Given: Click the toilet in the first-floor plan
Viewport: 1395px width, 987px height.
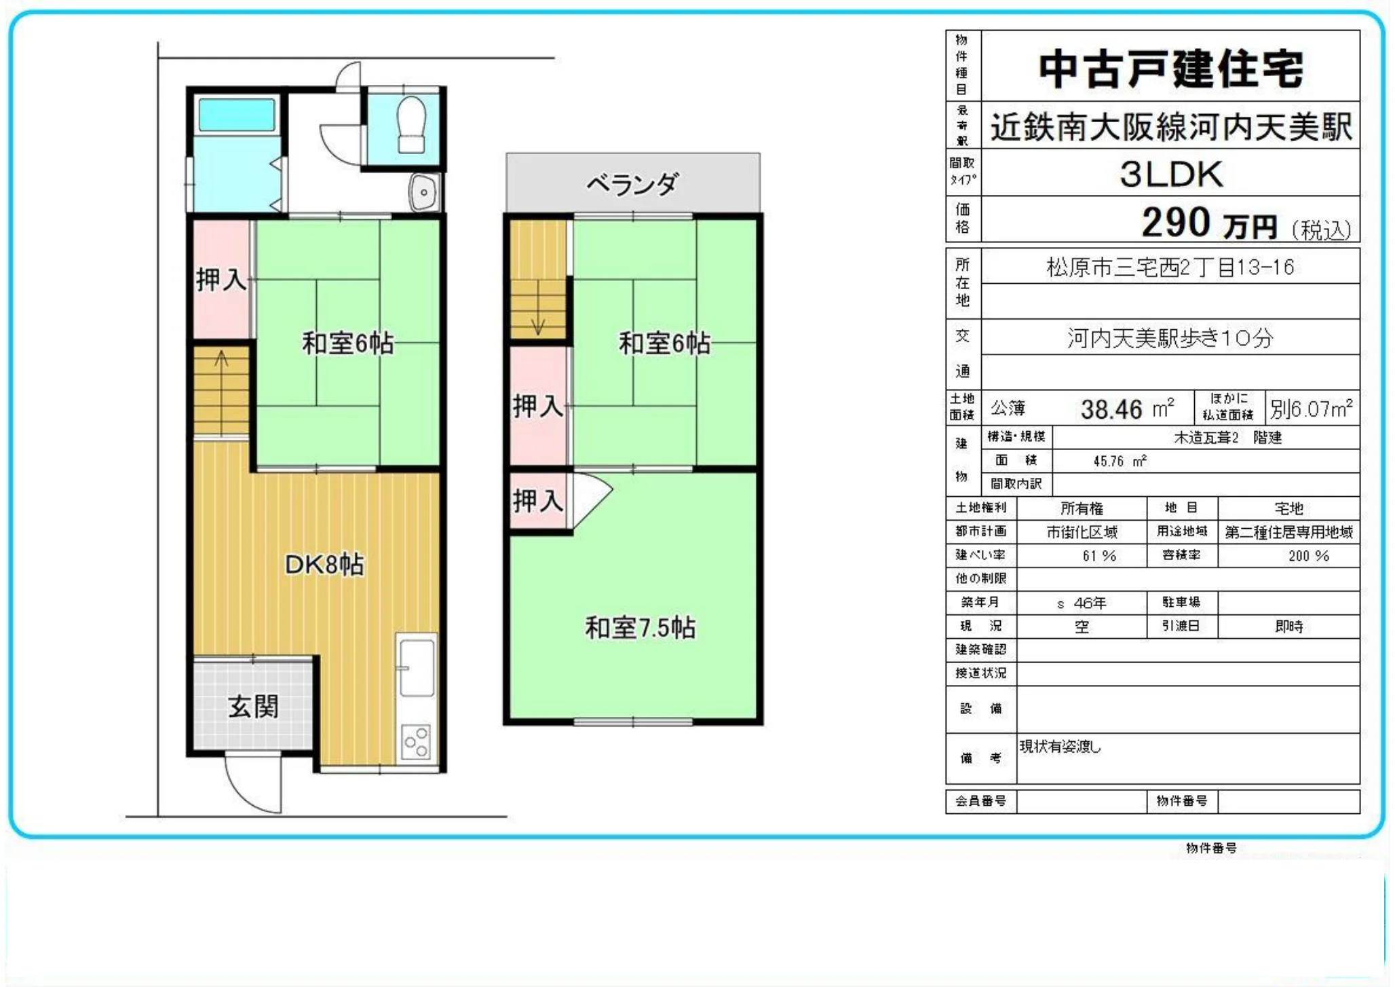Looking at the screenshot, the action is click(x=411, y=125).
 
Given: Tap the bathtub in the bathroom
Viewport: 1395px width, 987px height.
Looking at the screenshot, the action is click(x=237, y=115).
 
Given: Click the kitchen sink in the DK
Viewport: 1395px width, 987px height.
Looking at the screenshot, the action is click(x=416, y=668).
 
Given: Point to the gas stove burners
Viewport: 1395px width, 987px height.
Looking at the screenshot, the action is click(x=416, y=741).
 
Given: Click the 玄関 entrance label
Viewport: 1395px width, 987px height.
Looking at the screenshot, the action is click(x=253, y=707).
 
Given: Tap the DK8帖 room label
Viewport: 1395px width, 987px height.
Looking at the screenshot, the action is click(x=324, y=564).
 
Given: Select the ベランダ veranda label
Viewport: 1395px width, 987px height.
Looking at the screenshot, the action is click(x=632, y=183).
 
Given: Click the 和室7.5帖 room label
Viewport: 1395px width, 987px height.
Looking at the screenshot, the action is click(x=640, y=628).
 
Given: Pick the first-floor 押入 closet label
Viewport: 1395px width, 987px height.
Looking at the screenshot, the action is click(x=221, y=279).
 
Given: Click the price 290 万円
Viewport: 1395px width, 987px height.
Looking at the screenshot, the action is click(x=1209, y=223).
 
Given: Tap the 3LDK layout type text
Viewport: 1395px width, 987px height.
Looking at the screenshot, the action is click(x=1171, y=174).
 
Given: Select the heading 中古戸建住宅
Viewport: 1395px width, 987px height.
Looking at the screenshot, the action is click(x=1171, y=69).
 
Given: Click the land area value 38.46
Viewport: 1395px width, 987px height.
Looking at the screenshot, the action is click(x=1111, y=409).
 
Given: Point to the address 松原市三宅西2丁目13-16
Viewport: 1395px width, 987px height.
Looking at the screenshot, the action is click(x=1170, y=267).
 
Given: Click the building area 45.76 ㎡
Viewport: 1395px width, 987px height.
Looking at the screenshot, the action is click(x=1120, y=462).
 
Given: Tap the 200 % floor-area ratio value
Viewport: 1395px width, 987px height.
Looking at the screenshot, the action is click(x=1308, y=556).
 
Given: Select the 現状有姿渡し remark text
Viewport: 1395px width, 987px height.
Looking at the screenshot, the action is click(x=1060, y=747).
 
